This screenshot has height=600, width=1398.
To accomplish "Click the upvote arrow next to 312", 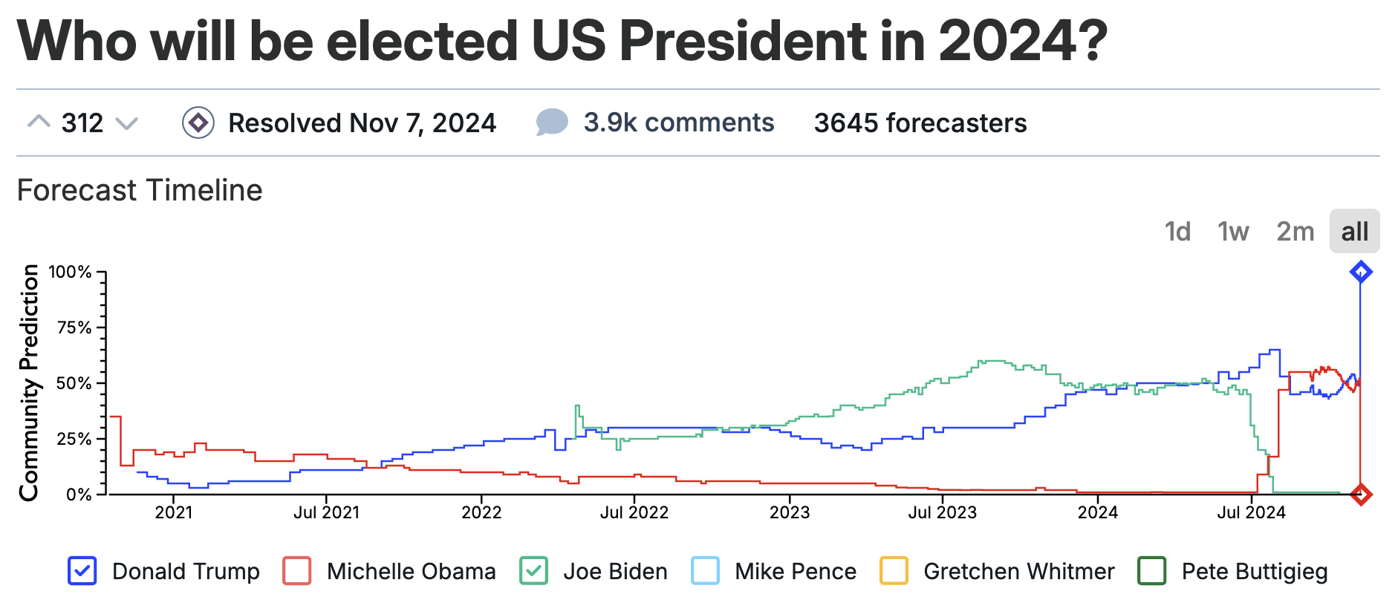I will coord(39,122).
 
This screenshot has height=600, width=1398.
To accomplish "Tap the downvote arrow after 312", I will coord(126,123).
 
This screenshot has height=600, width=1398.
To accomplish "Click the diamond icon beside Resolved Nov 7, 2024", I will coord(198,123).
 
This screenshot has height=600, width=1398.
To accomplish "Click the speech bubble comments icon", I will coord(552,123).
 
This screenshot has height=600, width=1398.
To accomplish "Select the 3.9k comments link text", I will coord(678,123).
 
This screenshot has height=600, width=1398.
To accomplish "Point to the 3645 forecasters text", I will coord(920,123).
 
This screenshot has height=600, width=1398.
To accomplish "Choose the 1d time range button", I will coord(1177,232).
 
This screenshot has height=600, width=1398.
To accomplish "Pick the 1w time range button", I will coord(1233,232).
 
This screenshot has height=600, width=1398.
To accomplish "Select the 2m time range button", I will coord(1295,232).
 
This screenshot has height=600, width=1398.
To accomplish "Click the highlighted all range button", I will coord(1354,232).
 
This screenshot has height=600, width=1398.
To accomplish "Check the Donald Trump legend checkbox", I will coord(82,571).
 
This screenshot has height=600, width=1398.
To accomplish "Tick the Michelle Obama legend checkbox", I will coord(296,571).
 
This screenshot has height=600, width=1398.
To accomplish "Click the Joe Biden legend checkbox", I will coord(533,571).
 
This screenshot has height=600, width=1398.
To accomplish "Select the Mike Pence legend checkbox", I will coord(705,571).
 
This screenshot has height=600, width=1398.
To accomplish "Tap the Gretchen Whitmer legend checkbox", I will coord(894,571).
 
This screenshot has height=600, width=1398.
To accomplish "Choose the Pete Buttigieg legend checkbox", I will coord(1152,571).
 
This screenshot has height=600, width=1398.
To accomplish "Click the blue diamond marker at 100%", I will coord(1360,272).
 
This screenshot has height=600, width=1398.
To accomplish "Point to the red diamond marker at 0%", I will coord(1360,494).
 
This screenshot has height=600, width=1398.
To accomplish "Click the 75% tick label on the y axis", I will coord(74,327).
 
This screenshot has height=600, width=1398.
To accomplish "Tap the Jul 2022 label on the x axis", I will coord(634,512).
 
